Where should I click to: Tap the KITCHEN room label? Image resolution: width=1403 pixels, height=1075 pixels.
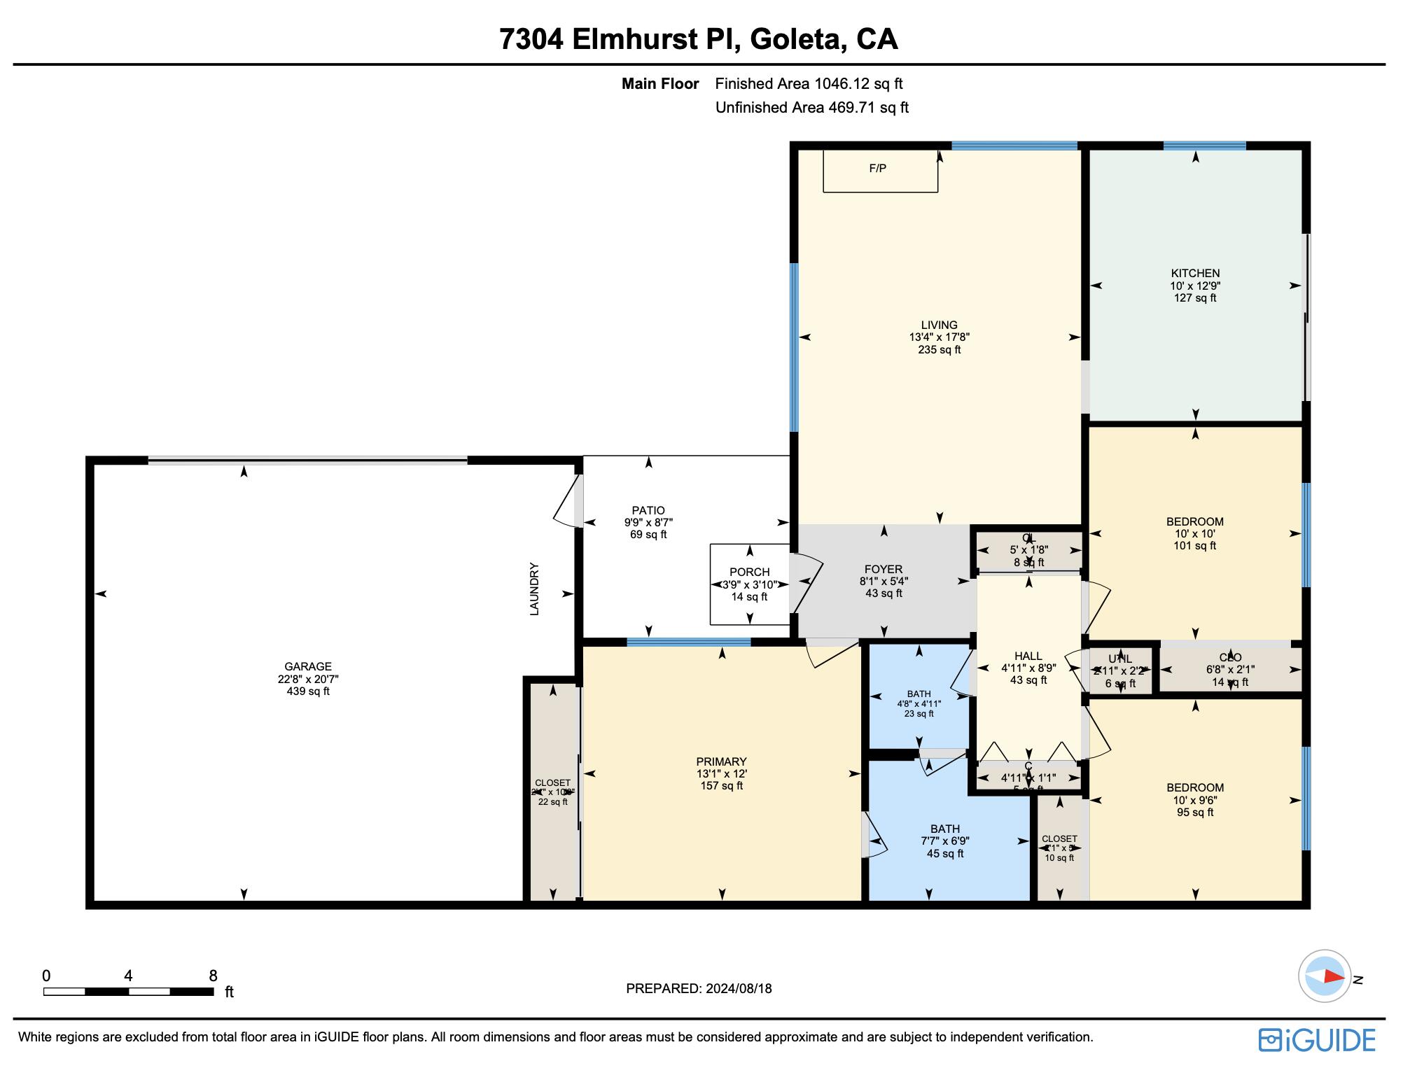[1195, 274]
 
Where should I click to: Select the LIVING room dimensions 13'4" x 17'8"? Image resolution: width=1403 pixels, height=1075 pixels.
[939, 337]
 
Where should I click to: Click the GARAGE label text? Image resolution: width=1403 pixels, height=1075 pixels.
[308, 667]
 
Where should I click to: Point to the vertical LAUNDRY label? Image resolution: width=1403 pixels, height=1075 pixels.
[534, 589]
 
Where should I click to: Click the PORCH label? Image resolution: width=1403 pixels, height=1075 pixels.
[749, 572]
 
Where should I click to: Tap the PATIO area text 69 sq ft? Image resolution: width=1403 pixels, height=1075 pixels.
[648, 535]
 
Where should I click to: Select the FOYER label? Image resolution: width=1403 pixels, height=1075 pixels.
[884, 570]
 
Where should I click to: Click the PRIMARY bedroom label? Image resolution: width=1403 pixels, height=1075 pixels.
[721, 762]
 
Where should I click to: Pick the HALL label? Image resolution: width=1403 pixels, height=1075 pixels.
[1028, 656]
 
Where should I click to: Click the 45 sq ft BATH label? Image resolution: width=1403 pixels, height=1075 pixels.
[945, 829]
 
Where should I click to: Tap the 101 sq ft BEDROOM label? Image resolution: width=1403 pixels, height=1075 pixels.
[1194, 522]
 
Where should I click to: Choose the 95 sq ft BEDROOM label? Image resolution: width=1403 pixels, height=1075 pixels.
[1194, 788]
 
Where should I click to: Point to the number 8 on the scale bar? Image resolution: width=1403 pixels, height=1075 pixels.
[213, 976]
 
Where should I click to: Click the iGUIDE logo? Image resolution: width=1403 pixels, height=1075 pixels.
[1317, 1040]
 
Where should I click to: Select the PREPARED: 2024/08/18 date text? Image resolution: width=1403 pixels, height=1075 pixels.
[699, 989]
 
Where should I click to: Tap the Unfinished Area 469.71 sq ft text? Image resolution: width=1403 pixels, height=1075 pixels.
[811, 108]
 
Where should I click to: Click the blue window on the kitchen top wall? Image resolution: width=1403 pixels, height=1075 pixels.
[1204, 146]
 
